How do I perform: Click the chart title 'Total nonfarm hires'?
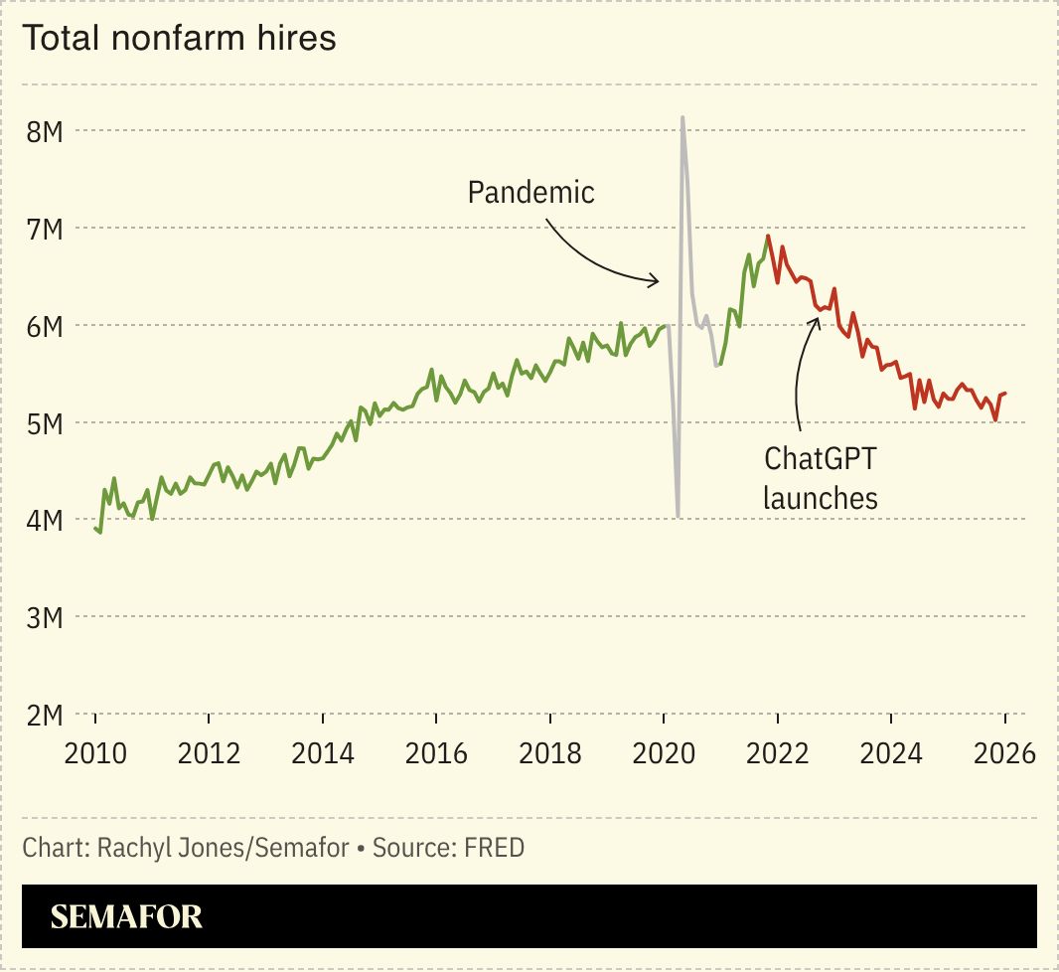179,38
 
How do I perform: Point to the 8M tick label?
45,132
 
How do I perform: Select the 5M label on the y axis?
45,424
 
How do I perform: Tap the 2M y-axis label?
45,716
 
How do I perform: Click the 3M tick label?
45,618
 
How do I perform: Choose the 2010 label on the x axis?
95,753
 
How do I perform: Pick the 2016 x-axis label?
436,753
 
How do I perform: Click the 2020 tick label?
664,753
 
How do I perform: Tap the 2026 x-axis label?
1005,753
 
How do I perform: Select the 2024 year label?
891,753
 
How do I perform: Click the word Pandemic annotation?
531,193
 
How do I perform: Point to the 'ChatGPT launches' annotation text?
821,478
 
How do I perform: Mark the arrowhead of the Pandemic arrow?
658,281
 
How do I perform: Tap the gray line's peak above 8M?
682,117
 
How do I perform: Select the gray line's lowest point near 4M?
678,517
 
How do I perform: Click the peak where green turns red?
768,236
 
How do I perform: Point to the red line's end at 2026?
1005,394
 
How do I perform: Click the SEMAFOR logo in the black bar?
126,917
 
